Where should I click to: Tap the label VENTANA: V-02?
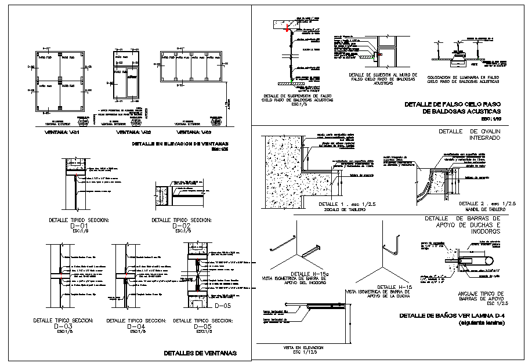pyautogui.click(x=131, y=133)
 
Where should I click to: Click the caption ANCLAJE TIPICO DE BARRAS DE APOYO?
pyautogui.click(x=476, y=296)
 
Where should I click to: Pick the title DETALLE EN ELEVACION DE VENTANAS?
pyautogui.click(x=180, y=143)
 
